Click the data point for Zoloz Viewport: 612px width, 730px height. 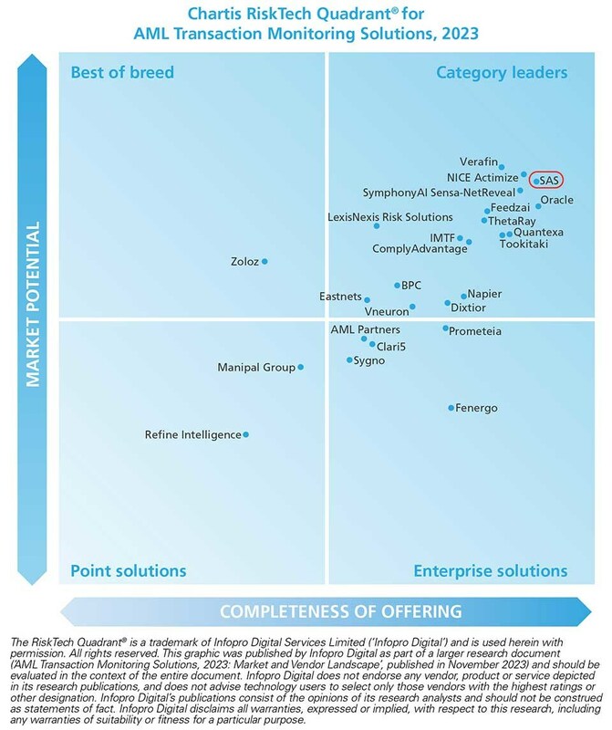pos(265,262)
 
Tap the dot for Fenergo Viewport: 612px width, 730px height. pos(451,408)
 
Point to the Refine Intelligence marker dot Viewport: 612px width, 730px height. pos(245,434)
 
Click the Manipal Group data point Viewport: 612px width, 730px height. pos(301,368)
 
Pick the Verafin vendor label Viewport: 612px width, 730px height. pos(480,156)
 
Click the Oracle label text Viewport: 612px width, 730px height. pos(556,199)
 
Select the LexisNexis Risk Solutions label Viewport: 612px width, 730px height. pos(389,217)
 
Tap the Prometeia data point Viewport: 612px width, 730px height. pos(445,328)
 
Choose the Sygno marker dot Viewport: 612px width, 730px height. pos(349,360)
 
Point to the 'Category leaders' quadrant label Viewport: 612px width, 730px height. pos(502,72)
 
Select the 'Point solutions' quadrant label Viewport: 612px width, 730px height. pos(128,571)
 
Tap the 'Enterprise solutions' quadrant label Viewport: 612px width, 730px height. pos(490,571)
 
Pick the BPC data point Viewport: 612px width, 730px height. pos(394,286)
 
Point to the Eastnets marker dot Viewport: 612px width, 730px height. pos(367,299)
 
